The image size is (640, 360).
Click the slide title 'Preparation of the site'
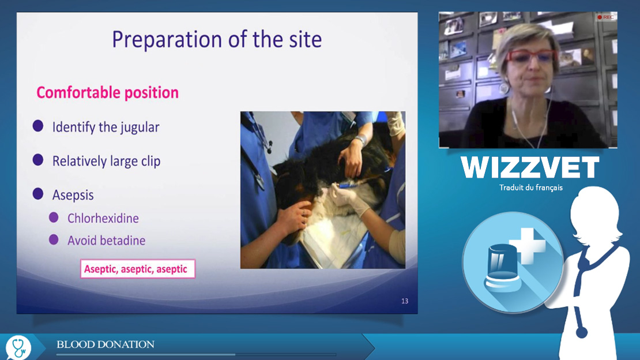click(217, 40)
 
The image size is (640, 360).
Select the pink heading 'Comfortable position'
click(107, 93)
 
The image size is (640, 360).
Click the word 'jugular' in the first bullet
click(140, 127)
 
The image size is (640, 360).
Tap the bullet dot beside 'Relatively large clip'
click(38, 160)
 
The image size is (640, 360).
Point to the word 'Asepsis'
click(73, 195)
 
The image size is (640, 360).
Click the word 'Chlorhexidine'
click(103, 219)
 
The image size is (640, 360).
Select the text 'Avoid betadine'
click(106, 241)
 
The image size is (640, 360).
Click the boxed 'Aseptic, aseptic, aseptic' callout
click(138, 269)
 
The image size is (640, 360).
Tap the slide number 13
click(405, 301)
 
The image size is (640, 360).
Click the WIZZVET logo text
click(530, 167)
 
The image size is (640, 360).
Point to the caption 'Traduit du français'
click(530, 187)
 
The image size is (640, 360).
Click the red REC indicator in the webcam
click(605, 17)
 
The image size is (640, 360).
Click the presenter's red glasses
click(530, 56)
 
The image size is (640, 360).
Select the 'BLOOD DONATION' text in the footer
click(106, 344)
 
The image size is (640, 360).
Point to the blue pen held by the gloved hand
click(347, 186)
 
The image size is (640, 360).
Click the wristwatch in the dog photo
click(360, 140)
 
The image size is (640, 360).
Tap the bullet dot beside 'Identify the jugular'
click(38, 126)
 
